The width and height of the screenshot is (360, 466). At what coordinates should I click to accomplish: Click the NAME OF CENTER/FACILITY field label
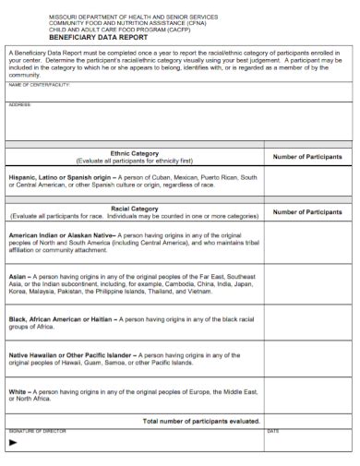[40, 84]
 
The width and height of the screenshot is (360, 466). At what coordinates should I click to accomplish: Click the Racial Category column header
[135, 209]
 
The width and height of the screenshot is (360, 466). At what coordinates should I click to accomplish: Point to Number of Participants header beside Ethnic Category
[307, 157]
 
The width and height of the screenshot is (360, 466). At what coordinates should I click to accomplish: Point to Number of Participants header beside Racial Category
[307, 212]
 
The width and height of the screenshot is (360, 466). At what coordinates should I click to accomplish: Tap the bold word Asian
[18, 276]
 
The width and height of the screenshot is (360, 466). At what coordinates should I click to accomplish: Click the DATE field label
[273, 431]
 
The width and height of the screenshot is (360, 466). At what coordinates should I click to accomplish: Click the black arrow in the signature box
[13, 442]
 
